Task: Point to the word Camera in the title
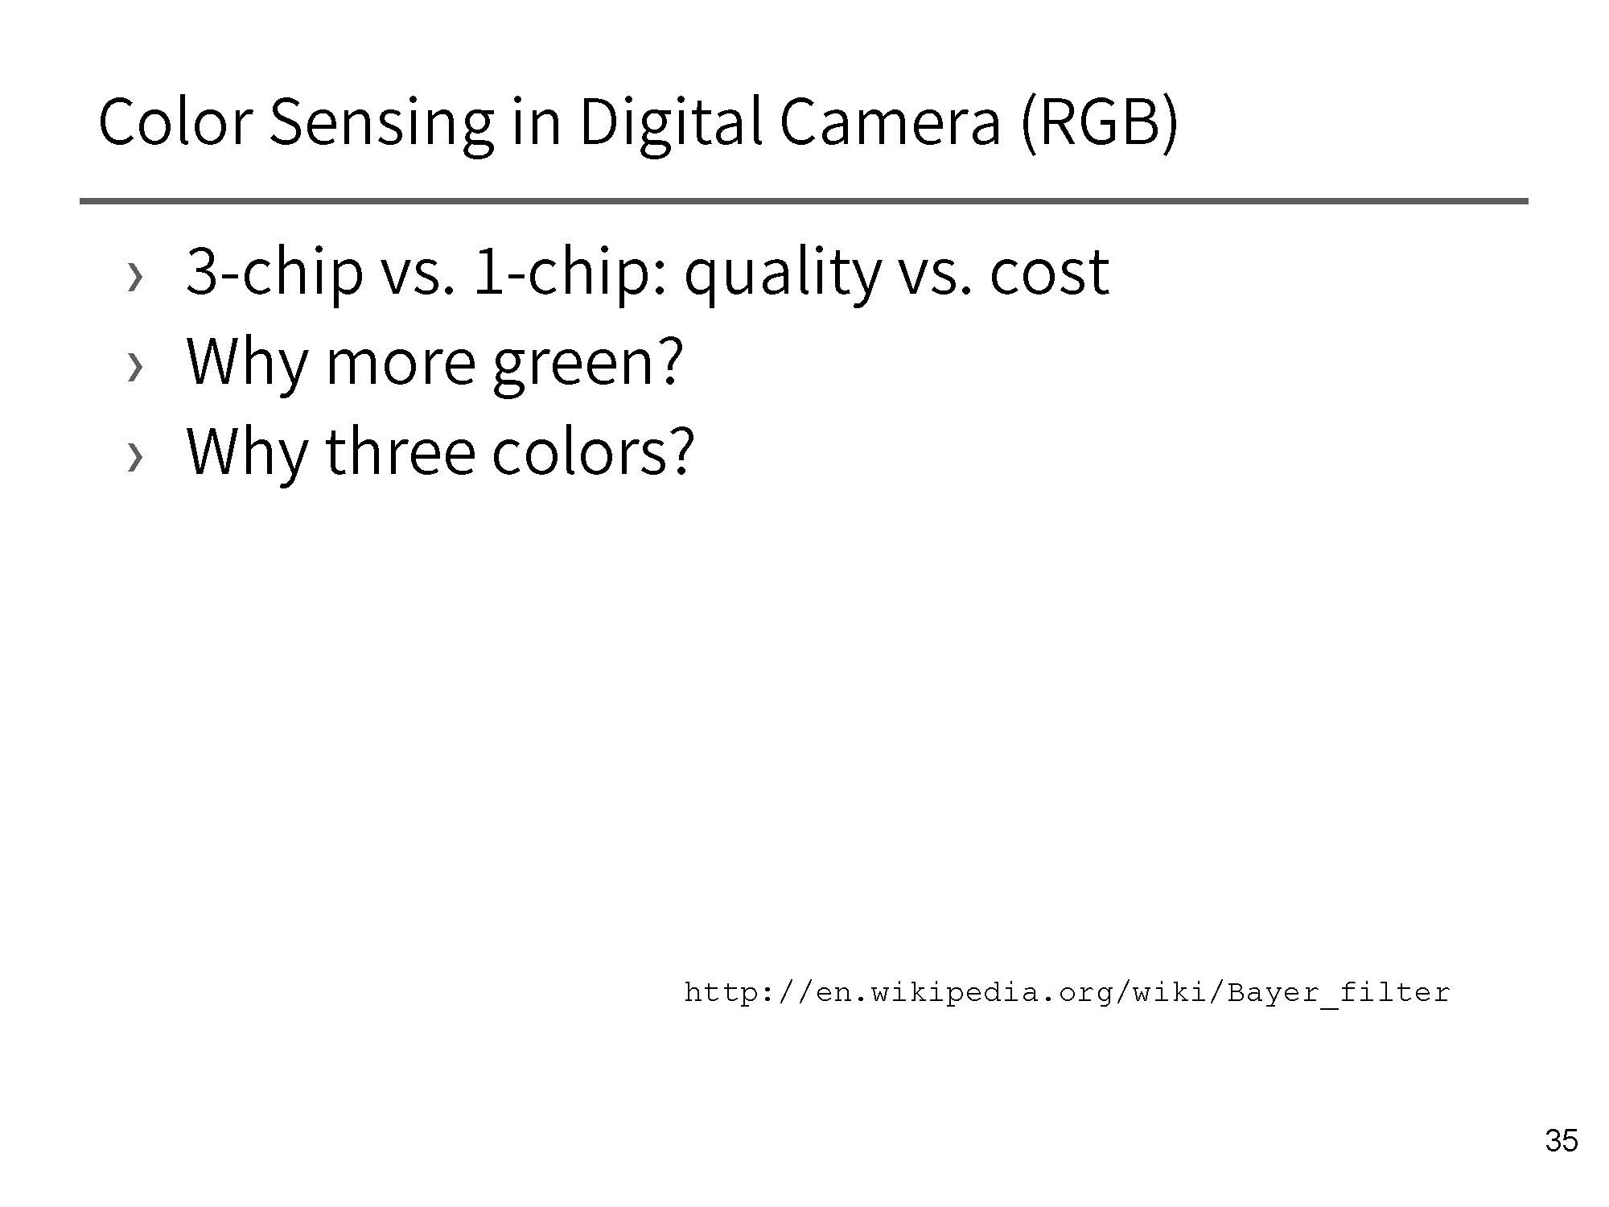point(890,122)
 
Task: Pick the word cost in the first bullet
point(1049,274)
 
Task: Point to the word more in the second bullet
point(401,364)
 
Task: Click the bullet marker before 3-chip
point(135,278)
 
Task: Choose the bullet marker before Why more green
point(135,368)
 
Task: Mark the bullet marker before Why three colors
point(135,458)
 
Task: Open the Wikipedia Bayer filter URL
point(1067,993)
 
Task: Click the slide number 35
point(1562,1141)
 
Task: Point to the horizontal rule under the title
point(804,200)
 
